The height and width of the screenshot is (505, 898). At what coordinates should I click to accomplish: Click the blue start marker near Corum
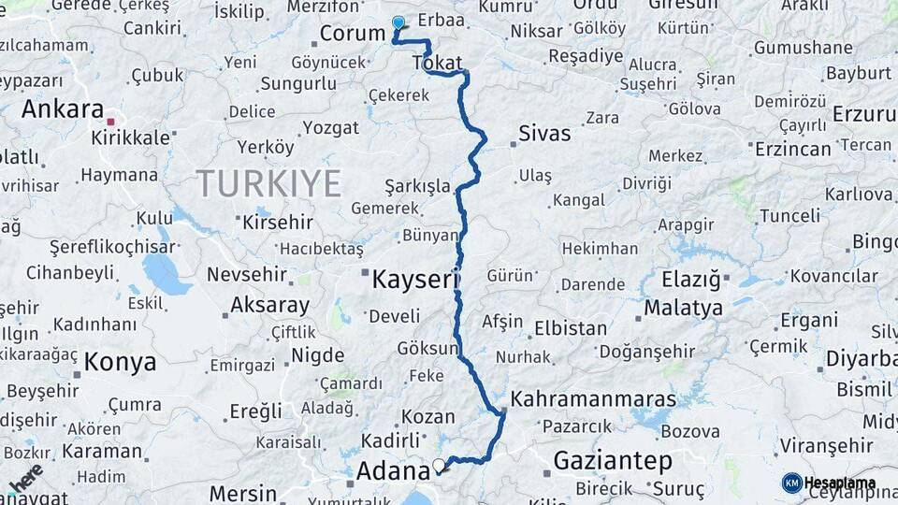tap(398, 22)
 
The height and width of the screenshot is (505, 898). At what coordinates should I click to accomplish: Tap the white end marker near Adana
tap(439, 464)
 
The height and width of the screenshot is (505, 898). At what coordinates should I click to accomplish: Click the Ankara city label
tap(62, 108)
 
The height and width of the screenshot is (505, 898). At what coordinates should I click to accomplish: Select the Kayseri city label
tap(416, 279)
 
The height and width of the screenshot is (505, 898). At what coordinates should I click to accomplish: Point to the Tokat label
tap(437, 64)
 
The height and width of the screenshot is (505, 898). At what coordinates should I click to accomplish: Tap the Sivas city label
tap(544, 133)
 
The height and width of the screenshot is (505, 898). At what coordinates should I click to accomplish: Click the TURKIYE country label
tap(268, 183)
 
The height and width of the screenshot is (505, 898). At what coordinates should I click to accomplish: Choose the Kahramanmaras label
tap(593, 398)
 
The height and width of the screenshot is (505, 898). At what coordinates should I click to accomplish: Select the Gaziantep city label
tap(613, 460)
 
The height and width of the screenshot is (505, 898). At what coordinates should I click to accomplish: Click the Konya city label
tap(120, 362)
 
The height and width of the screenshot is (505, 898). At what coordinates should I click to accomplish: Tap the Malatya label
tap(683, 308)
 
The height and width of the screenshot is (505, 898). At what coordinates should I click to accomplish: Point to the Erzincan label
tap(792, 149)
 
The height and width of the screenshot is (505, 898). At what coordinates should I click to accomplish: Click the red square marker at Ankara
tap(110, 122)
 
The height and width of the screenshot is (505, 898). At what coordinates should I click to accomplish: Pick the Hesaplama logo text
tap(839, 483)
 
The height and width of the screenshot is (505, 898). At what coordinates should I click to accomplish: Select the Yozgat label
tap(331, 127)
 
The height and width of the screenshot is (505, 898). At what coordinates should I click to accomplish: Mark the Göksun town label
tap(427, 348)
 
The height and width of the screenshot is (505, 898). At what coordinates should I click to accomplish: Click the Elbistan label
tap(571, 328)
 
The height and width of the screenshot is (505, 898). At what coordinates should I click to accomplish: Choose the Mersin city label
tap(242, 493)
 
